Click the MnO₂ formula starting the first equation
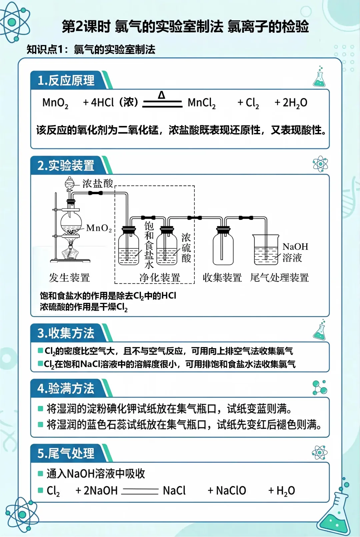55,103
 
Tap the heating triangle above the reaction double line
162,95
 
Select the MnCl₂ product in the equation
201,103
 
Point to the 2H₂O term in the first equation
291,103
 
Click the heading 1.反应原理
66,80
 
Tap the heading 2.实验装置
66,165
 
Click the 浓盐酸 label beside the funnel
98,183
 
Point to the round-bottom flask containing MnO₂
71,222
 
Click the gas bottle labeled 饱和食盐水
129,247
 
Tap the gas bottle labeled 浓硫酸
167,247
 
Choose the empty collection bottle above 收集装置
223,247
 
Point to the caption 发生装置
69,278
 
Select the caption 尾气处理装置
279,278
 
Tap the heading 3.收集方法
66,333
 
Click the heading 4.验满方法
66,388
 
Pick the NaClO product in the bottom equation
231,491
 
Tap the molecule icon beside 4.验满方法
320,387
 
